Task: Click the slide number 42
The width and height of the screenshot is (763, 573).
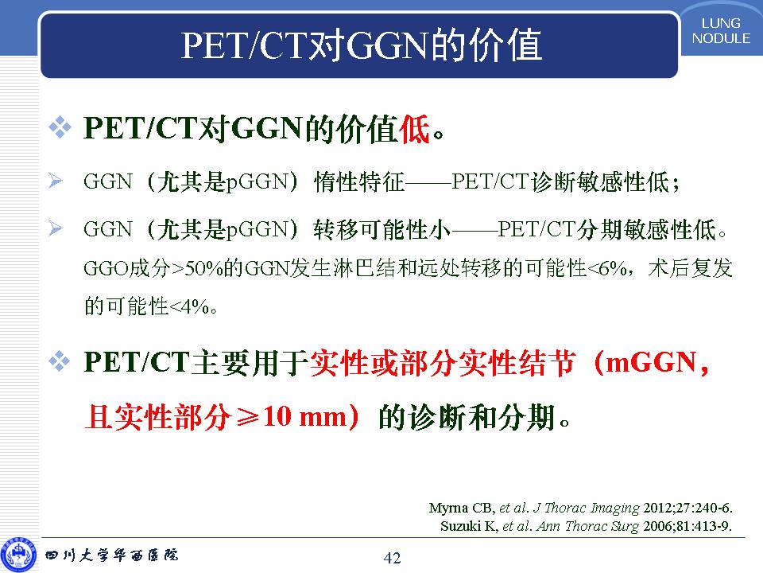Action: point(392,557)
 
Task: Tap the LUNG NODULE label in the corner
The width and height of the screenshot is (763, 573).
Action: point(721,31)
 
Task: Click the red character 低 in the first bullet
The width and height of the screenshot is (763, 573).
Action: point(415,129)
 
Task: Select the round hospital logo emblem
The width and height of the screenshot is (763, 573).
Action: point(18,555)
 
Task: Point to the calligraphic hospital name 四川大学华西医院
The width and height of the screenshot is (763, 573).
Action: point(112,555)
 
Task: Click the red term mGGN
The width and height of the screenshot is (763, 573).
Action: point(651,363)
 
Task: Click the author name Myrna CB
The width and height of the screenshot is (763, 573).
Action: point(461,509)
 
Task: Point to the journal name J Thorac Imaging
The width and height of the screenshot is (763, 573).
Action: point(586,509)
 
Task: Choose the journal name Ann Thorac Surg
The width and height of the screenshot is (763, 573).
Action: point(587,526)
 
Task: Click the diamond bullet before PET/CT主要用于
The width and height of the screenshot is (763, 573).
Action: point(60,362)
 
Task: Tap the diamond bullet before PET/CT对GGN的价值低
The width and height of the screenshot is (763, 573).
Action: point(60,127)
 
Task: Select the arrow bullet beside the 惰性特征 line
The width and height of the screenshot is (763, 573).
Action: point(56,181)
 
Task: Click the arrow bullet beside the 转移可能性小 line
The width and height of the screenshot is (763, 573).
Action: point(56,228)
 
